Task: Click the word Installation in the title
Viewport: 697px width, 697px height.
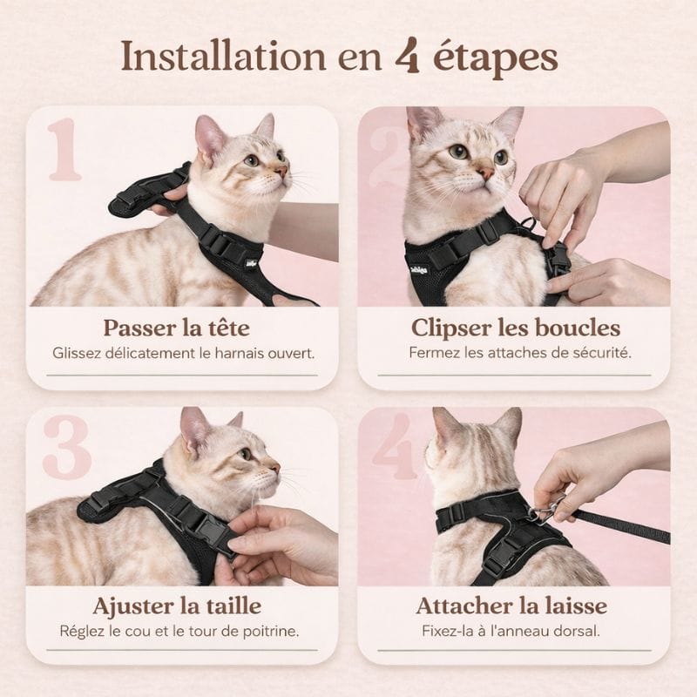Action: click(x=224, y=56)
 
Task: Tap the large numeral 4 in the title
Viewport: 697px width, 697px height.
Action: click(x=408, y=55)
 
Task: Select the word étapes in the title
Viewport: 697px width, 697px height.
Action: click(x=495, y=59)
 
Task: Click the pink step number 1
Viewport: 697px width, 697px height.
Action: click(x=64, y=149)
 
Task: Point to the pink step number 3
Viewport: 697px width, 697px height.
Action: click(x=67, y=447)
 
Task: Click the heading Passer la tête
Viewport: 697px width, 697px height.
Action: click(x=177, y=328)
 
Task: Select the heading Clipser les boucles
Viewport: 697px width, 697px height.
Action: click(x=515, y=328)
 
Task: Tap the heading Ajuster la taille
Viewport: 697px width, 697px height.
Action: click(x=177, y=606)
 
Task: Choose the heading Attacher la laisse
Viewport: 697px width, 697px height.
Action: click(x=511, y=606)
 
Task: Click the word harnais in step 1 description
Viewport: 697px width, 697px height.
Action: click(x=239, y=354)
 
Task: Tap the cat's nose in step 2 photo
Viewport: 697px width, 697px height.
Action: click(x=485, y=172)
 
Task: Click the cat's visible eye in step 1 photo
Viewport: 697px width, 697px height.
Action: click(x=252, y=160)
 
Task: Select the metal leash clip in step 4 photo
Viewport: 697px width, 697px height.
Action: click(x=546, y=509)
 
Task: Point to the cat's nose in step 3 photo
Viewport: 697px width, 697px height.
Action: click(x=275, y=467)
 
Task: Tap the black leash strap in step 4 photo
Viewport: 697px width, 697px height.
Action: click(x=619, y=525)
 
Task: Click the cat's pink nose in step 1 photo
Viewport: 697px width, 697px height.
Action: click(x=281, y=171)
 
